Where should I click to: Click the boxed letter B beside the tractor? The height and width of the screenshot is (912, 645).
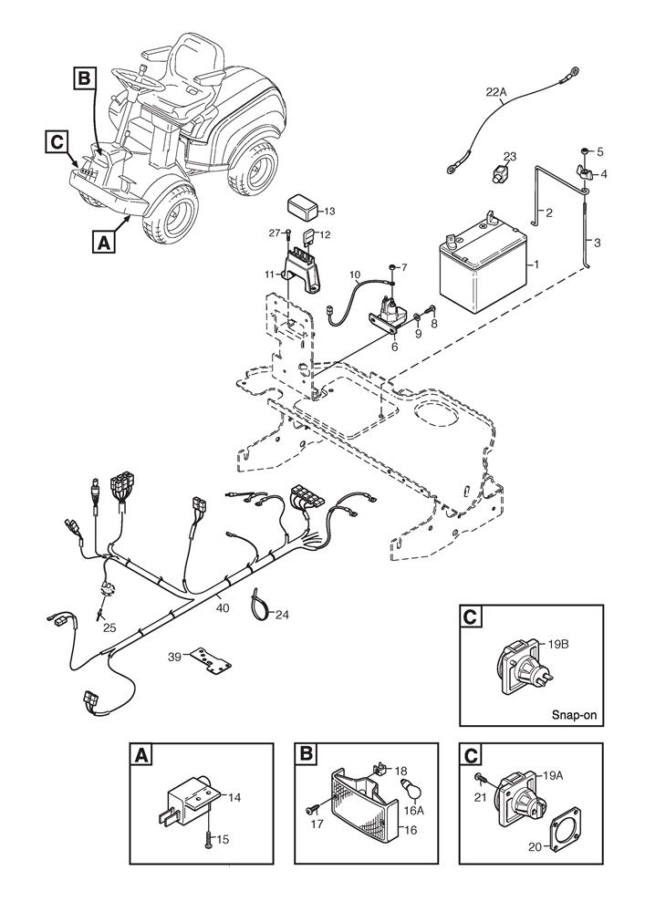tap(83, 79)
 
